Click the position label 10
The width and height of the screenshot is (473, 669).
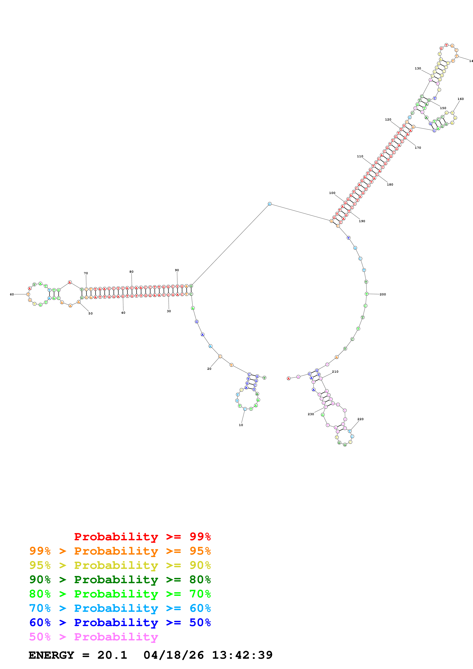[241, 425]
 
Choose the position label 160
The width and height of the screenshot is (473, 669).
[460, 99]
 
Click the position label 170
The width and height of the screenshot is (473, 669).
[418, 148]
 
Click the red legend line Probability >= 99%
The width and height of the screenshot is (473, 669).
[142, 537]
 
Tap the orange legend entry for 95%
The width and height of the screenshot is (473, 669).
[120, 551]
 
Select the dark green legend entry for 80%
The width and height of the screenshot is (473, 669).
[120, 580]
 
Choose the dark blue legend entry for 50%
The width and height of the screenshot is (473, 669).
[120, 622]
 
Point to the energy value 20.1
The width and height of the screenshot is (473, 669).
[112, 655]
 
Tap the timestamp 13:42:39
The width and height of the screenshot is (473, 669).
[242, 655]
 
